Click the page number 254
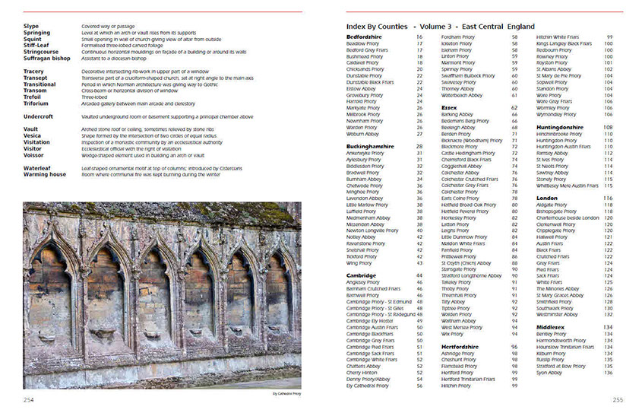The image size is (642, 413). click(x=29, y=399)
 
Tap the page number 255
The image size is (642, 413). click(x=618, y=399)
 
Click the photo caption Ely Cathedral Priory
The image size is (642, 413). click(x=286, y=393)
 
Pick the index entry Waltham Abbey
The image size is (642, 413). click(x=458, y=321)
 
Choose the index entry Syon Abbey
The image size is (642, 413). click(x=549, y=373)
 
